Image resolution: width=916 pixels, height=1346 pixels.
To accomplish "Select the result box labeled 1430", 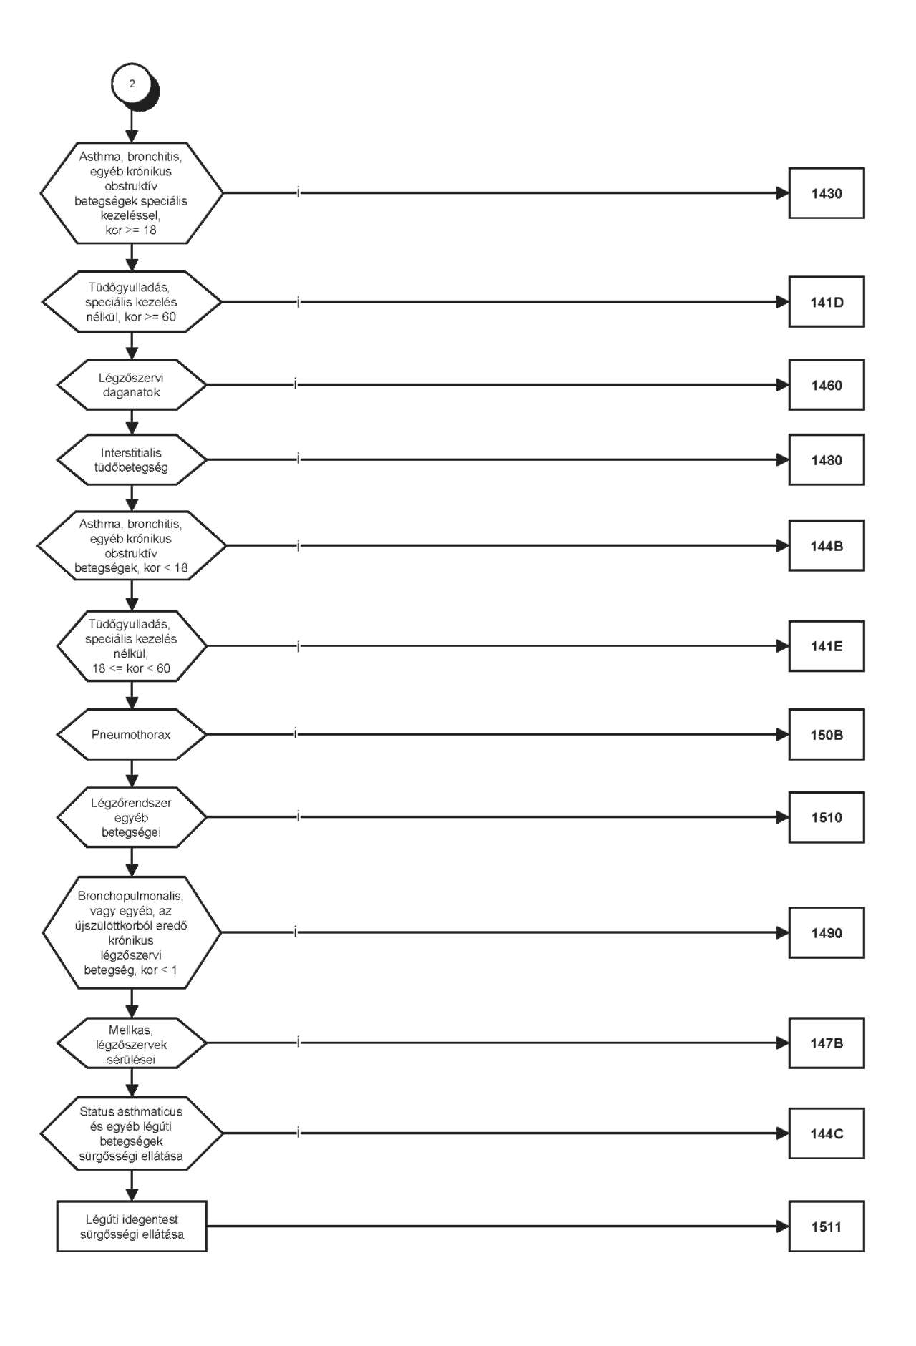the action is point(827,193).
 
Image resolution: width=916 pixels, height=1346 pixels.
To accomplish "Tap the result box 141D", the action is point(827,302).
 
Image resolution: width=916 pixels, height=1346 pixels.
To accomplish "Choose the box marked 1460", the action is point(827,385).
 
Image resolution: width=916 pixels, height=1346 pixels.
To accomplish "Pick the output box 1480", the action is point(827,459).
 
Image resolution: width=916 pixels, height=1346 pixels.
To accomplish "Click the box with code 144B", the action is point(827,545).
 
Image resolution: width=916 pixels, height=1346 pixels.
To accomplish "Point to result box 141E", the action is point(827,646).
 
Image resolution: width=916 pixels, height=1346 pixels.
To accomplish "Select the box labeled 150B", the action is point(827,734).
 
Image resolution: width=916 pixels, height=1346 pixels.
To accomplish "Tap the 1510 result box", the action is point(827,817).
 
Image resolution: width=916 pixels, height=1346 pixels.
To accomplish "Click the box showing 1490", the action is point(827,932).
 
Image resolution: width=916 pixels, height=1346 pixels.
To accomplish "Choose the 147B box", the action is point(827,1043).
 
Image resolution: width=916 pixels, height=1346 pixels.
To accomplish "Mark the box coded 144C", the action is point(827,1133).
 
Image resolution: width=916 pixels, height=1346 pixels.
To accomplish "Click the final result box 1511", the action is point(827,1226).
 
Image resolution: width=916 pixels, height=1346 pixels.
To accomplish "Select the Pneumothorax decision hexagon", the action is point(132,734).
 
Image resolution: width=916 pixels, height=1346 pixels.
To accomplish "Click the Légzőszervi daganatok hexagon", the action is point(132,385).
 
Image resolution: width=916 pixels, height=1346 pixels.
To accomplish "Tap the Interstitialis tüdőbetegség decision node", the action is point(132,459).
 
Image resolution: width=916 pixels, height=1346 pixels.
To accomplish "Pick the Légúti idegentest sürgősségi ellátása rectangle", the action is point(132,1226).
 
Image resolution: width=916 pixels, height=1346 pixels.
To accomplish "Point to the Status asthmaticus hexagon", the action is point(132,1133).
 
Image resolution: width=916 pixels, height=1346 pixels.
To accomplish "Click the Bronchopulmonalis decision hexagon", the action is point(132,932).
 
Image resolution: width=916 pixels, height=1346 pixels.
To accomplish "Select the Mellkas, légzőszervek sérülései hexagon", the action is point(132,1043).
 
